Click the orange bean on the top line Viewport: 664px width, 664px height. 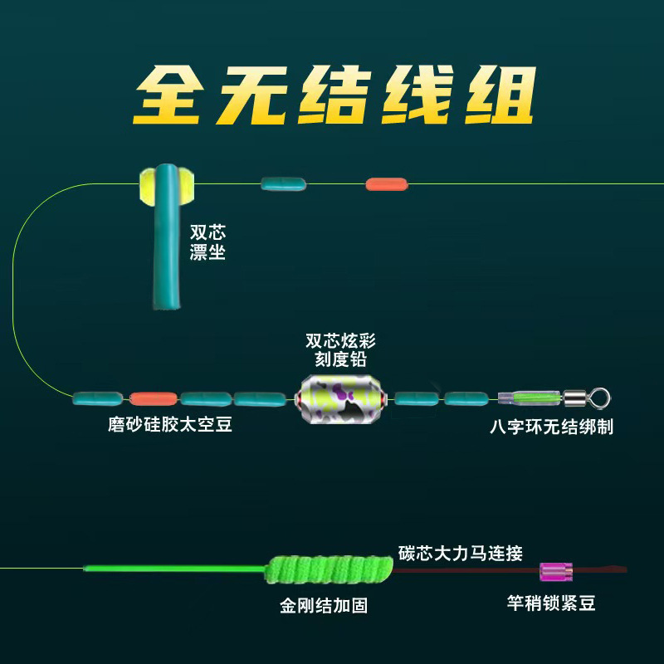point(387,183)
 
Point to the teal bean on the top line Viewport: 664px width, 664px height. point(283,183)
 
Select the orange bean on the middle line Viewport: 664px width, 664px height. point(154,398)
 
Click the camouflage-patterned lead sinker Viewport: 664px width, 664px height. point(336,398)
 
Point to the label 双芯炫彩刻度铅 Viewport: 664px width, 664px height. point(336,350)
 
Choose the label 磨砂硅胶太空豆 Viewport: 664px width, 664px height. point(170,426)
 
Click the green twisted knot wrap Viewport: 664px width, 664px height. point(332,569)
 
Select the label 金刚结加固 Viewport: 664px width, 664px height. point(324,606)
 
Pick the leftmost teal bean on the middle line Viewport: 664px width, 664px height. point(100,398)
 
